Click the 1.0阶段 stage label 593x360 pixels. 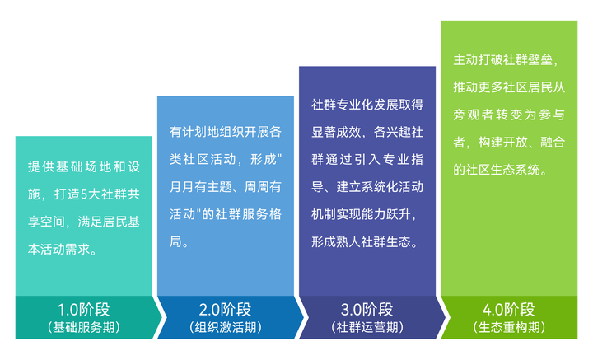click(83, 310)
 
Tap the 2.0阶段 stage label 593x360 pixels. click(226, 310)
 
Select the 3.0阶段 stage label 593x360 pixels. click(367, 310)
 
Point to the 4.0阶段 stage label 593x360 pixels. click(509, 310)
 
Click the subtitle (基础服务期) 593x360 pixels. click(83, 327)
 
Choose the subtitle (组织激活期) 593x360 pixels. click(226, 327)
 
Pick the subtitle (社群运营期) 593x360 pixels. click(367, 327)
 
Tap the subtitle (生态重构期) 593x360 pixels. click(509, 327)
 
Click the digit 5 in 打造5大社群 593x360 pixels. click(84, 194)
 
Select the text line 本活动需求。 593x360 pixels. click(63, 250)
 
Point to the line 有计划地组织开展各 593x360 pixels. click(226, 132)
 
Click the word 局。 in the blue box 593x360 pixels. click(180, 241)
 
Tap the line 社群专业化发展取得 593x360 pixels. click(367, 105)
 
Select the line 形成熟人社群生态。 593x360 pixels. click(365, 241)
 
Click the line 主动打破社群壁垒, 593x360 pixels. click(506, 60)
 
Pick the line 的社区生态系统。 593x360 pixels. click(501, 170)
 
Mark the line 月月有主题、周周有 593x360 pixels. click(226, 187)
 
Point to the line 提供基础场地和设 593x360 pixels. click(83, 166)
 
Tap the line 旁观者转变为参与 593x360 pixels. click(509, 115)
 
